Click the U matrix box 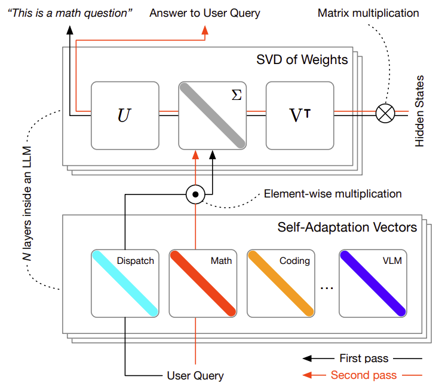(x=125, y=116)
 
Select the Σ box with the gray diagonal (x=212, y=116)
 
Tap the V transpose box (x=300, y=116)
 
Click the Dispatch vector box (x=125, y=284)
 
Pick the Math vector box (x=203, y=284)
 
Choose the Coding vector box (x=281, y=284)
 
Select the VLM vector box (x=373, y=284)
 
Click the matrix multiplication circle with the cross (x=385, y=113)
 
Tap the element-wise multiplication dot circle (x=195, y=194)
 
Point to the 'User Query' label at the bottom (x=195, y=376)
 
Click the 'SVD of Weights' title (x=302, y=60)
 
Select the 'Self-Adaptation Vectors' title (x=347, y=227)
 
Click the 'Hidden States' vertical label (x=419, y=111)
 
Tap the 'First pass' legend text (x=364, y=358)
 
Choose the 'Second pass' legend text (x=364, y=375)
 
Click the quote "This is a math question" (x=70, y=13)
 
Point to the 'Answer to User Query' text (x=205, y=13)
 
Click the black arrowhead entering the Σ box (x=212, y=155)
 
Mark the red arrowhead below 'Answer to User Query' (x=205, y=30)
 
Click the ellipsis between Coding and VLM (x=327, y=288)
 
